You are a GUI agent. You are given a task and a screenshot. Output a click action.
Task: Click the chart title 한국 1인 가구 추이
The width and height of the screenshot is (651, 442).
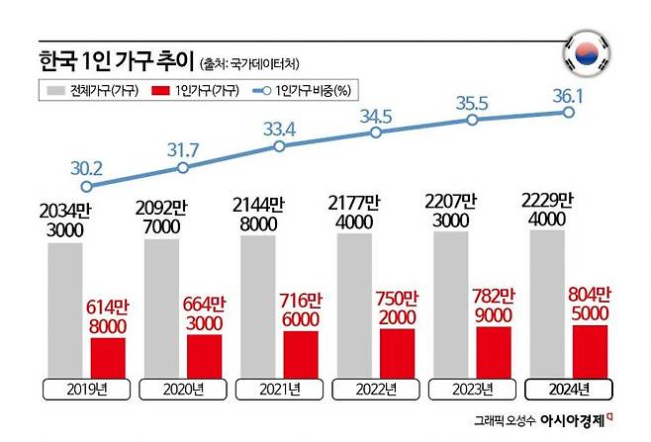click(119, 60)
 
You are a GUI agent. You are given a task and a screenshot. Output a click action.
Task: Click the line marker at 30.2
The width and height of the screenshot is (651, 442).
click(86, 186)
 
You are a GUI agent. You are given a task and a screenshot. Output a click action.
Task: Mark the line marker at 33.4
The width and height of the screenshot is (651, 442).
click(279, 145)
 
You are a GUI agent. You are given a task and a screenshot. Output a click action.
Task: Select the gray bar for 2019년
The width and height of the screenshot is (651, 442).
click(65, 307)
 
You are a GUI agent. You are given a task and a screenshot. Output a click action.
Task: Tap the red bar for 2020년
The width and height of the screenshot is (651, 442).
click(205, 354)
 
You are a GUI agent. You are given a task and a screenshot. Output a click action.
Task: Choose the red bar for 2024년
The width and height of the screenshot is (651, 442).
click(591, 348)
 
